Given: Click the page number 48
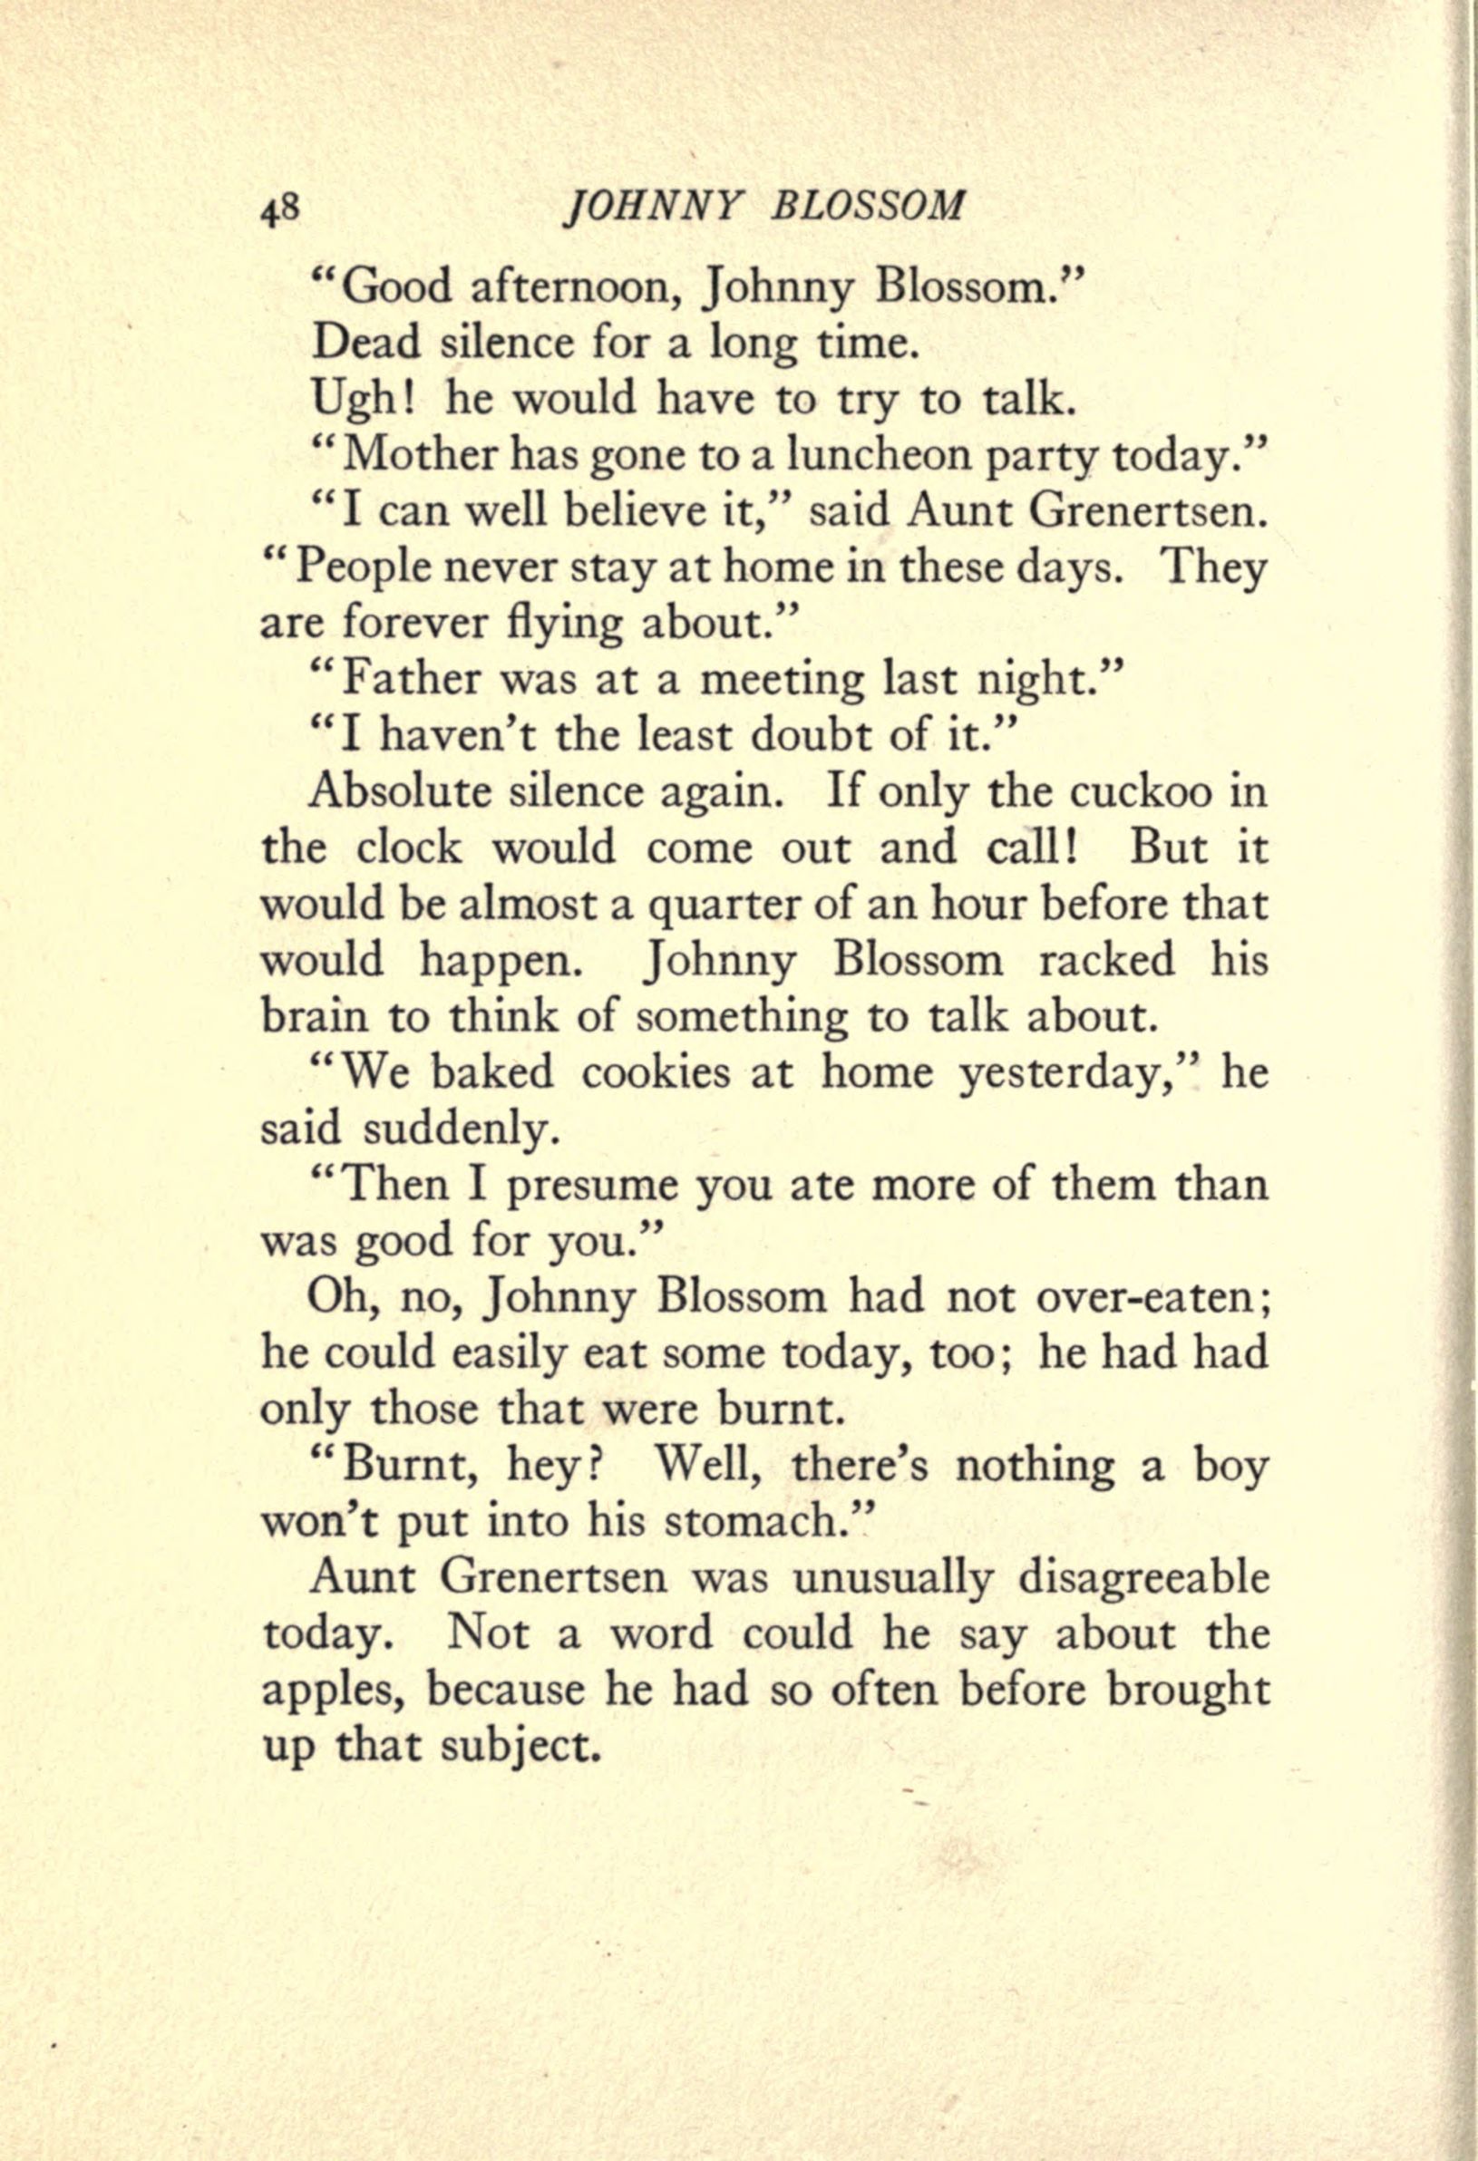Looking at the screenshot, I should click(279, 209).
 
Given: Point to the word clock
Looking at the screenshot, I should click(409, 848).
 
